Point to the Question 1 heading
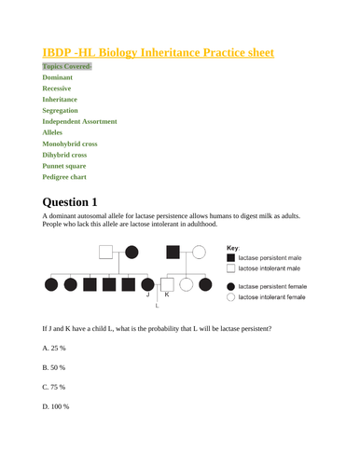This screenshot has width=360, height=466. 82,200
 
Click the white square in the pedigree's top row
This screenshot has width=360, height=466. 108,252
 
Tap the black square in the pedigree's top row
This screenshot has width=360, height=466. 173,252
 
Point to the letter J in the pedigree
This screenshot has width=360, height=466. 146,295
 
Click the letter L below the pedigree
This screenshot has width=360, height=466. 157,305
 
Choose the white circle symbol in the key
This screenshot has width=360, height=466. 228,297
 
